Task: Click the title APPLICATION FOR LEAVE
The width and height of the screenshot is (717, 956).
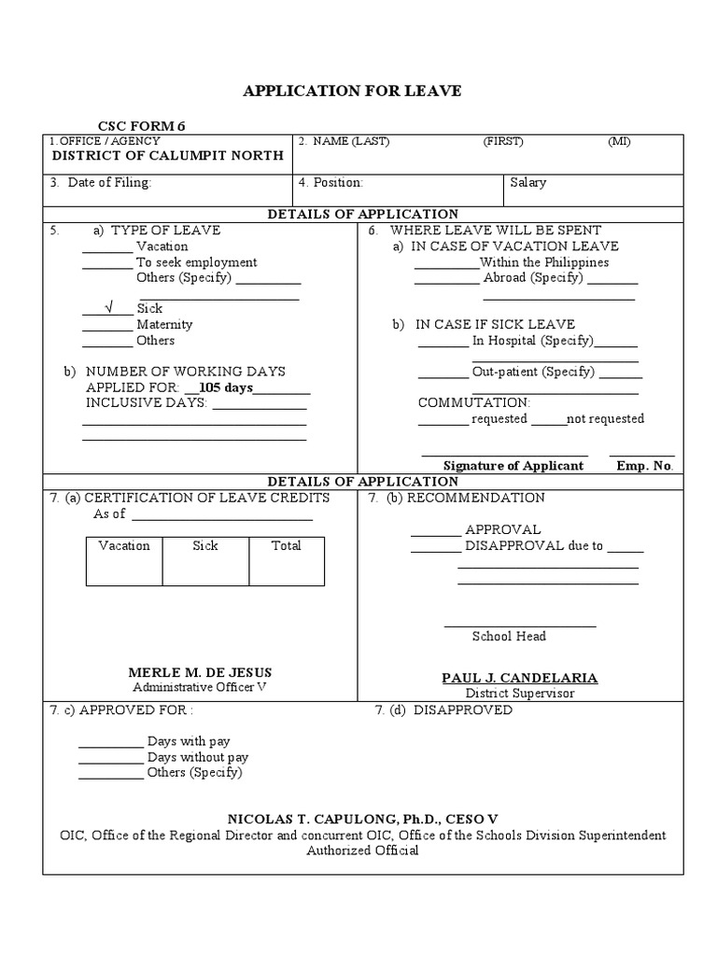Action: [x=352, y=91]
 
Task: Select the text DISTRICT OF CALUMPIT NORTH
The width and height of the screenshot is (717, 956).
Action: [x=167, y=156]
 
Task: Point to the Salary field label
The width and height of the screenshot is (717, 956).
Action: [x=528, y=183]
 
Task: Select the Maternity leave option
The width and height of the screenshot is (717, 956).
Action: [x=164, y=325]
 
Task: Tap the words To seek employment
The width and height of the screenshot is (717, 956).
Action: [x=196, y=262]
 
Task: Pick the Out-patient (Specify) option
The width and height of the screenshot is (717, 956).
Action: [x=533, y=372]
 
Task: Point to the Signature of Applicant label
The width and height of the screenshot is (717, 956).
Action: [x=513, y=466]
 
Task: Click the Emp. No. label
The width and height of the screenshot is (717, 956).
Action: [x=644, y=466]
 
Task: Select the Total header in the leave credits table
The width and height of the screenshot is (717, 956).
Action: [x=286, y=546]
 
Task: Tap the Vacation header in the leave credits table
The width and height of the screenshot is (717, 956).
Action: [x=124, y=546]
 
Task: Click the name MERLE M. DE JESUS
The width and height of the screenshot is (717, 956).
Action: [x=200, y=672]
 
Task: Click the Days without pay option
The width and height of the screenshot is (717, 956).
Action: [x=198, y=757]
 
